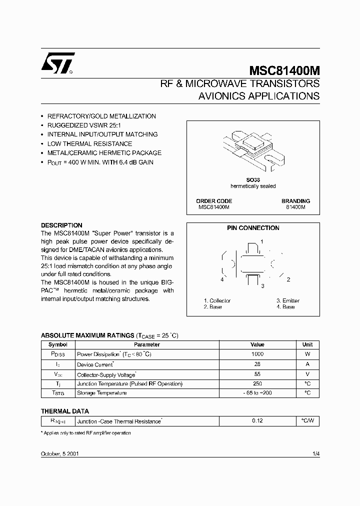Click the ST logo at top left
57,63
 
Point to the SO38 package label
252,180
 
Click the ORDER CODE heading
214,201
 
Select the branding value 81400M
295,207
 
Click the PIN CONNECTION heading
253,228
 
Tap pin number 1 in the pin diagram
261,241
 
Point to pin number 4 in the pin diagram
222,279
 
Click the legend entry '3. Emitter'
288,300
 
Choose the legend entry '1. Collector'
217,300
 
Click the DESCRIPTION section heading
61,225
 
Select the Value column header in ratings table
257,344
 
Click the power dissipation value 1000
257,354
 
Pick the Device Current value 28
257,364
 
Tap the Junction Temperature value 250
257,383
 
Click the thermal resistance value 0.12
257,421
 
